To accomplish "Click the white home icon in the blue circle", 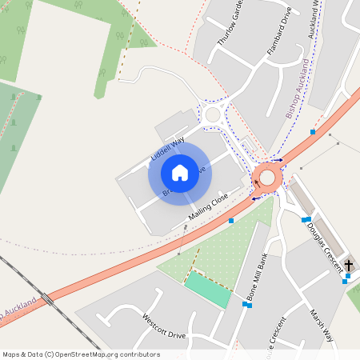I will [179, 173].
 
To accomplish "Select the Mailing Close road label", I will [209, 206].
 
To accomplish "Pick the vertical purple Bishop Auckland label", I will [298, 89].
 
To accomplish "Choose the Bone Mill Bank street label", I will [257, 276].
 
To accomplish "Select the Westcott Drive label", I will [164, 326].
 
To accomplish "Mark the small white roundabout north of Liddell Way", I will [212, 115].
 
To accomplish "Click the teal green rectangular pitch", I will [207, 289].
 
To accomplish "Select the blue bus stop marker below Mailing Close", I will [231, 220].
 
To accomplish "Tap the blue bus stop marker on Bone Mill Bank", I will [247, 304].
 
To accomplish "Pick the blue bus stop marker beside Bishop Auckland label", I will [313, 131].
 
